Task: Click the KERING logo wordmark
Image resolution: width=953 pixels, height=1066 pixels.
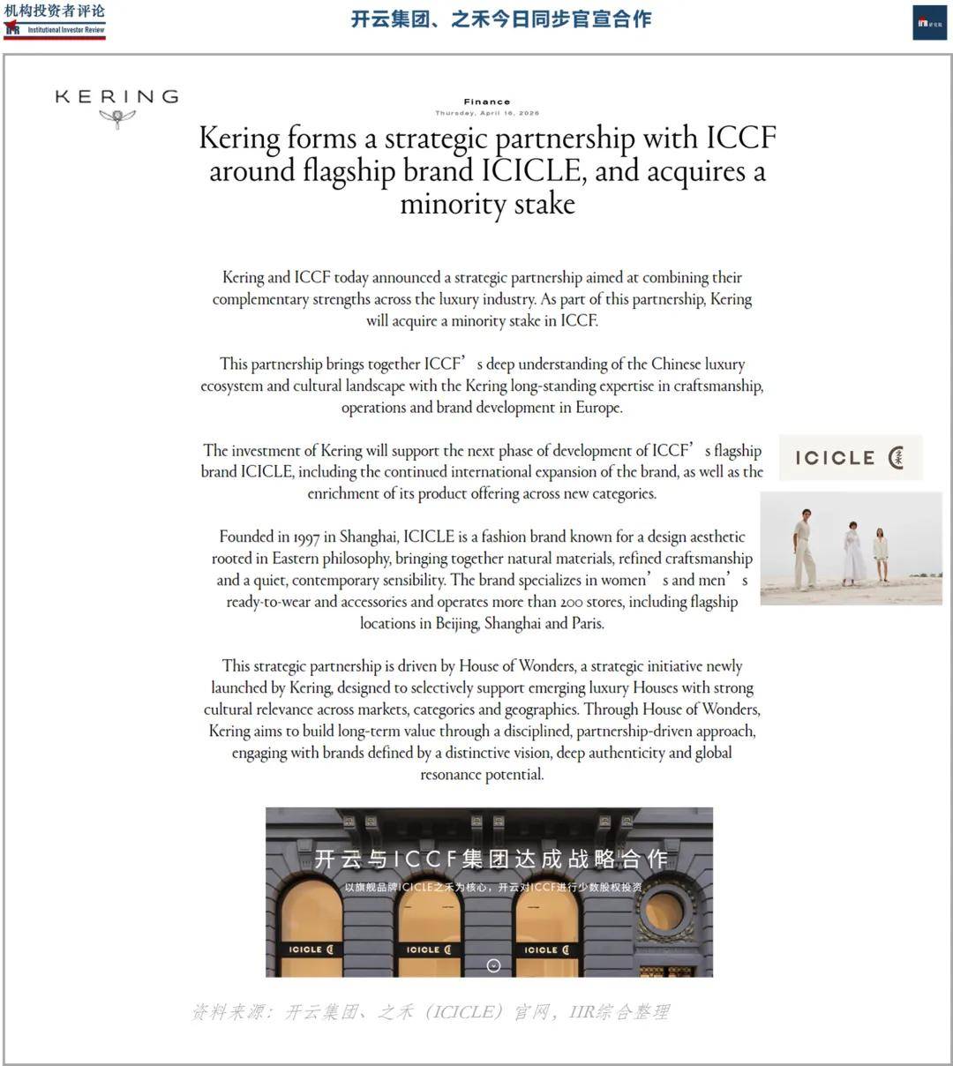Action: [x=116, y=96]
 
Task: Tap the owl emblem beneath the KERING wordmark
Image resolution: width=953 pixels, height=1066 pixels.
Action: [x=116, y=118]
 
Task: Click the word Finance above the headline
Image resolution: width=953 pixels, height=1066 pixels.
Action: [x=487, y=101]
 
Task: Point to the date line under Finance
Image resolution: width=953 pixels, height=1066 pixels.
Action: [x=487, y=113]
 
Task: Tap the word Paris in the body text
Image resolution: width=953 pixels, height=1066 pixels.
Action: [x=584, y=623]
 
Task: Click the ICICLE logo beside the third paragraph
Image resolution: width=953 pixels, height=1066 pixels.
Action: [x=850, y=457]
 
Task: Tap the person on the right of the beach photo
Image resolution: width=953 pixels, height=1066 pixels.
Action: [x=881, y=555]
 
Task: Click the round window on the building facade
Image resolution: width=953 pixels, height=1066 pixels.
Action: [x=664, y=911]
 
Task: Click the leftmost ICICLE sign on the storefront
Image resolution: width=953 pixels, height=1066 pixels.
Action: [x=311, y=950]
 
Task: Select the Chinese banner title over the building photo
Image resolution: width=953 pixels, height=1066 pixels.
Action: [x=491, y=859]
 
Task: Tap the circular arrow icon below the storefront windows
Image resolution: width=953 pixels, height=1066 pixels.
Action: [x=493, y=965]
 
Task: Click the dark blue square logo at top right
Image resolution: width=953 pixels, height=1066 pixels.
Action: [x=929, y=23]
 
